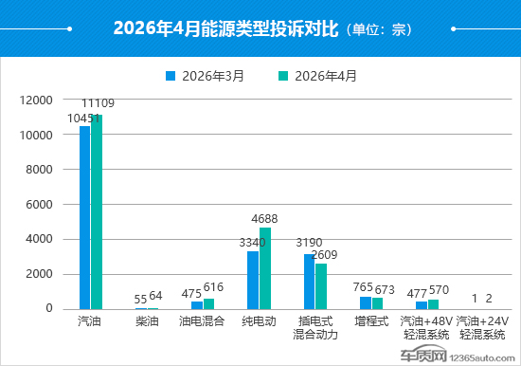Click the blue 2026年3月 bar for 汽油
point(84,217)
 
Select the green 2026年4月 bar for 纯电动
point(265,268)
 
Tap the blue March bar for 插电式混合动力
point(310,282)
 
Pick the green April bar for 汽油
point(97,212)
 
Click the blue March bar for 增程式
point(366,303)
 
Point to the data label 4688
point(264,219)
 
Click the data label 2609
point(324,255)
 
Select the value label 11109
point(98,103)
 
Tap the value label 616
point(213,287)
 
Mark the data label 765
point(363,287)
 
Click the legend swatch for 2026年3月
point(171,76)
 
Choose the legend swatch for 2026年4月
point(283,76)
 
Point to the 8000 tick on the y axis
point(39,170)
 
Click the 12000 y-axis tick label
point(36,101)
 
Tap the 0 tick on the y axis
point(49,308)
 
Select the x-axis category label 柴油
point(147,321)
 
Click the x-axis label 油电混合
point(202,321)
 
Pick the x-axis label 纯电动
point(259,321)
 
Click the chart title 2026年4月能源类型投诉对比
point(226,28)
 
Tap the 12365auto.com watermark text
point(482,358)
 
